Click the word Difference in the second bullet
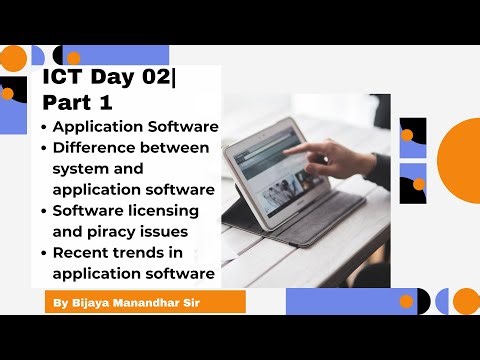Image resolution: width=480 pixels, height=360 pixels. [x=98, y=148]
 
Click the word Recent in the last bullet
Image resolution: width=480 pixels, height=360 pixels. [x=81, y=252]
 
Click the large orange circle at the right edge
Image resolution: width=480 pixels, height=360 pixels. [x=460, y=160]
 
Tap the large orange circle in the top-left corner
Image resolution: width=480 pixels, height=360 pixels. [x=12, y=59]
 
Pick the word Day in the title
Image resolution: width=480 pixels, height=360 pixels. [x=108, y=79]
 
